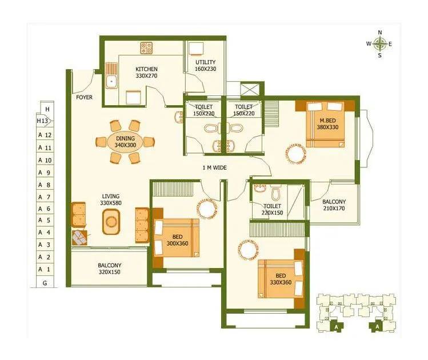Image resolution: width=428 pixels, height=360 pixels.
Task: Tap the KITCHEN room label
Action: (146, 72)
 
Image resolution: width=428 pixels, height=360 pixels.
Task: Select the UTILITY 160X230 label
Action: (205, 66)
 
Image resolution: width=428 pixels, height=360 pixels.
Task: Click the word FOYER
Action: (84, 97)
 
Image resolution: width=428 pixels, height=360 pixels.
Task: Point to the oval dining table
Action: (125, 142)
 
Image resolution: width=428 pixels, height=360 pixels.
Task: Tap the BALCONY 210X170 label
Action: (334, 205)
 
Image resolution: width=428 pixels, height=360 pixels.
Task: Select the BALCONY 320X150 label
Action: (109, 269)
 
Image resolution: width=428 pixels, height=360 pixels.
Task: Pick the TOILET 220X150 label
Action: (273, 209)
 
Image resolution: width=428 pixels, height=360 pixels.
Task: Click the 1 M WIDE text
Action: (215, 168)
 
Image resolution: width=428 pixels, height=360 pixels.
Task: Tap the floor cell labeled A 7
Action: (45, 197)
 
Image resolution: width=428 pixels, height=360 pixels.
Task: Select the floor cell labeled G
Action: (45, 282)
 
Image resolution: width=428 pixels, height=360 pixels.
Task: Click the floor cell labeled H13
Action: (43, 121)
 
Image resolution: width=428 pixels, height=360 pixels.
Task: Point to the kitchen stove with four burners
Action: (147, 48)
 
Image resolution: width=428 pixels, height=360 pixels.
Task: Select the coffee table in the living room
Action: (112, 222)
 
